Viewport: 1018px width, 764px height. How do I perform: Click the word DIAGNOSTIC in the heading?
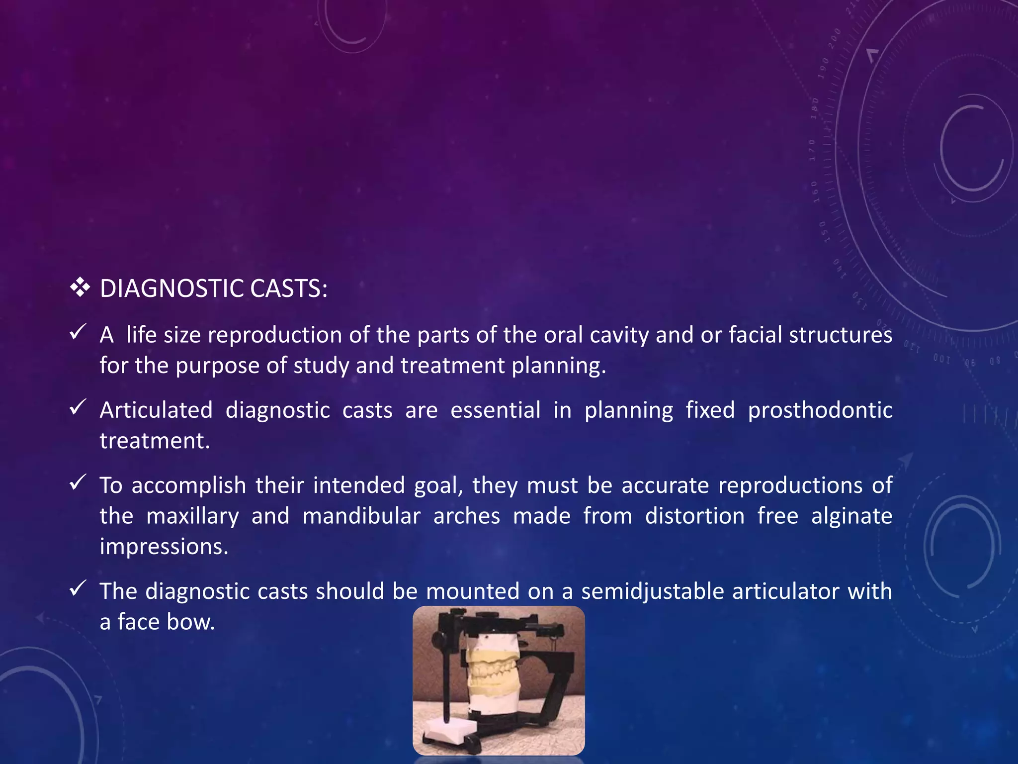171,288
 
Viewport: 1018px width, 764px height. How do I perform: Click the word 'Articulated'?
156,410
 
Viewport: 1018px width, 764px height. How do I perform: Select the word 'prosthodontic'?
820,411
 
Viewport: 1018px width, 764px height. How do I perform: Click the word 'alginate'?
851,516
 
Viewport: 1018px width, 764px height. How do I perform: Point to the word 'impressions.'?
164,547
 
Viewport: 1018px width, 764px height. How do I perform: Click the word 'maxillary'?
192,516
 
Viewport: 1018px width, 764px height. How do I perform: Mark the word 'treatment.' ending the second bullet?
155,441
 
